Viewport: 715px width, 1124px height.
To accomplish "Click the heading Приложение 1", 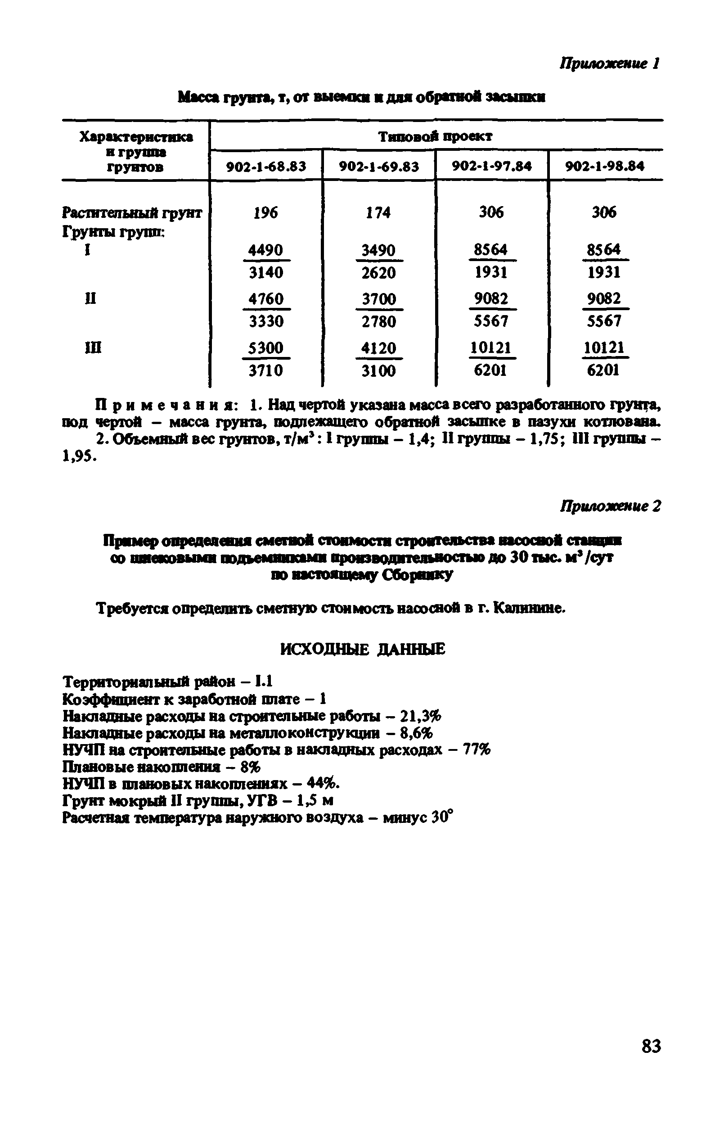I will [609, 63].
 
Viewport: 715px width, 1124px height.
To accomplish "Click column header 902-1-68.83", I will [266, 166].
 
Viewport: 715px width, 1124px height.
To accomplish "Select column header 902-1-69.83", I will [379, 166].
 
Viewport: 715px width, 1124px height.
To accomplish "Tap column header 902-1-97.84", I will [492, 166].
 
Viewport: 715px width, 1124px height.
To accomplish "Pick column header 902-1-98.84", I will [605, 166].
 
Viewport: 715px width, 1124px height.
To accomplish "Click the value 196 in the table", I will [265, 213].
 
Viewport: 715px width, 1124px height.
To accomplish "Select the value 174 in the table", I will [378, 213].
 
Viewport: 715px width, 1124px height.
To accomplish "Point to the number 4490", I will [265, 250].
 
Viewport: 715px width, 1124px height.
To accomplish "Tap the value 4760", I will [265, 299].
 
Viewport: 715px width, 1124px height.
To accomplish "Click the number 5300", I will [265, 348].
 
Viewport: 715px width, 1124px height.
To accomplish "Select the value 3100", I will [378, 371].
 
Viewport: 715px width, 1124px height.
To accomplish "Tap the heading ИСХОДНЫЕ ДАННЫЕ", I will [363, 649].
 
